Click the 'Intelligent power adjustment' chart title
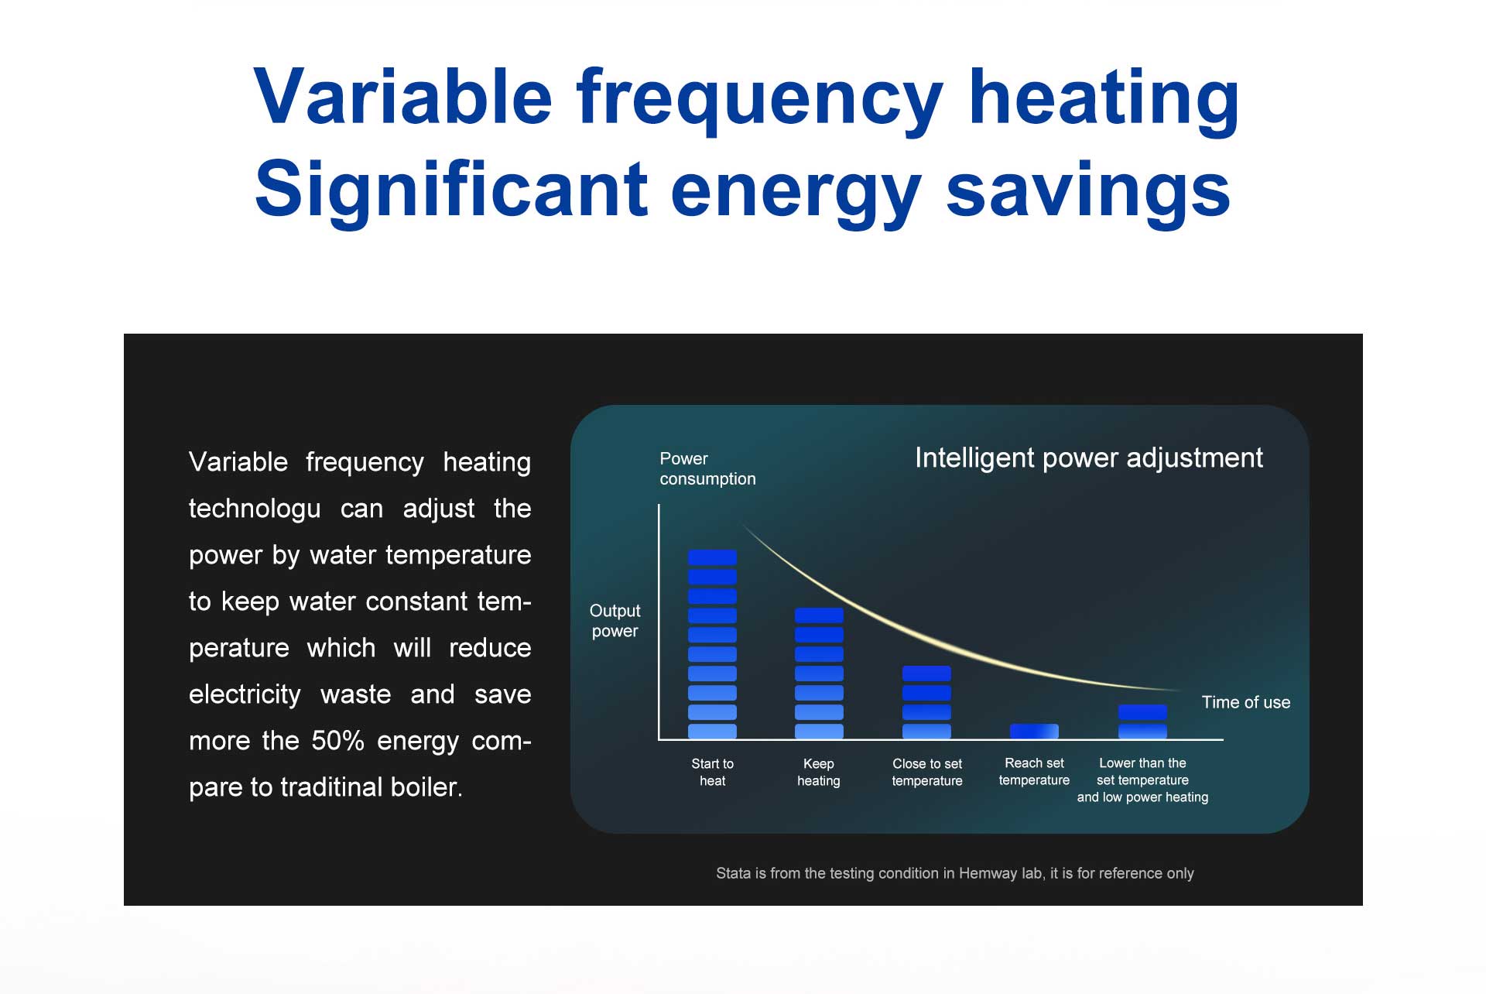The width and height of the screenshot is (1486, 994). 1089,458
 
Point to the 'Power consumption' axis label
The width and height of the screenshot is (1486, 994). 707,468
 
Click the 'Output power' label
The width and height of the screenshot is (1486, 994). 615,621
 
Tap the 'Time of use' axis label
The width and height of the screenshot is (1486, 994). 1246,702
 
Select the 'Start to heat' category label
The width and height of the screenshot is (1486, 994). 712,772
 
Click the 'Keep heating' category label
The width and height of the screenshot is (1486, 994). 819,772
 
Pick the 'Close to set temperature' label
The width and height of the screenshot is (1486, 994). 927,772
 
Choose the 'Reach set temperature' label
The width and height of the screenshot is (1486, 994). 1034,771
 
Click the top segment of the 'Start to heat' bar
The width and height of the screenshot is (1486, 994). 712,557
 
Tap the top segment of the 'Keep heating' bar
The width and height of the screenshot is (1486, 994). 819,615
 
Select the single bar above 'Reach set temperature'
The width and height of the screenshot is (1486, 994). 1034,731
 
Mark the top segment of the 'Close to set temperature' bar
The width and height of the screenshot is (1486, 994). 926,674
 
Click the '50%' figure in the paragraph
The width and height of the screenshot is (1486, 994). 337,741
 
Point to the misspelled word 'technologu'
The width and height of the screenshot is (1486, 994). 255,509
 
